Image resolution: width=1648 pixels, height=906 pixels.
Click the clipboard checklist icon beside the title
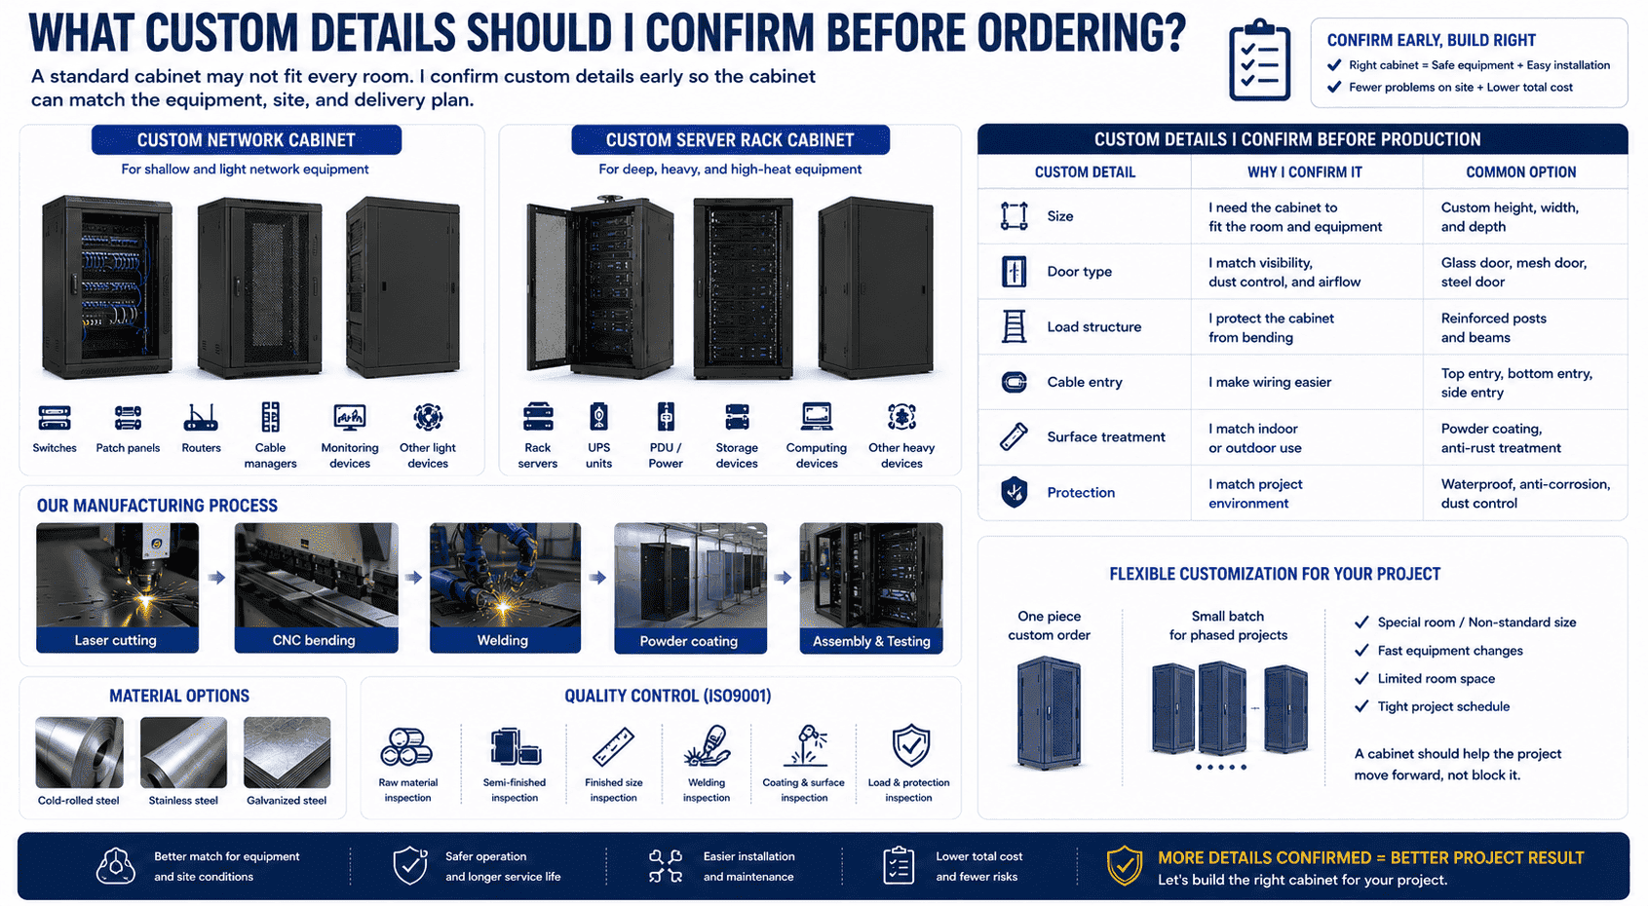click(1259, 59)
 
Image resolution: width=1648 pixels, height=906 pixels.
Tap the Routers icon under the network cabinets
click(201, 417)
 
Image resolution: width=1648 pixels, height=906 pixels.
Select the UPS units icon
click(598, 416)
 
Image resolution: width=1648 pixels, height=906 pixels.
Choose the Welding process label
click(503, 640)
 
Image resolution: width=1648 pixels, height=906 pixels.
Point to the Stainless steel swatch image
click(183, 752)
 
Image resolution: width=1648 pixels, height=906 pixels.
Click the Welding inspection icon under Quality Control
click(707, 746)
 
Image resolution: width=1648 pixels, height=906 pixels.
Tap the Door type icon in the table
click(1014, 272)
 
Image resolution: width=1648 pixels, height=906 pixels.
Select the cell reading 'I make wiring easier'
click(1270, 383)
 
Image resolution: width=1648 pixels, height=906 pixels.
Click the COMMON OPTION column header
click(1520, 172)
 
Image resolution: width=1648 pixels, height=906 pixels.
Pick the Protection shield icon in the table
click(1014, 492)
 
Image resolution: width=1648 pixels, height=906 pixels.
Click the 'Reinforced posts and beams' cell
click(1493, 328)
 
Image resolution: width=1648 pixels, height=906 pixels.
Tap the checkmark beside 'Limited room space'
click(1361, 678)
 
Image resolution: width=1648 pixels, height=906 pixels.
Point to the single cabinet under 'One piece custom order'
click(1049, 712)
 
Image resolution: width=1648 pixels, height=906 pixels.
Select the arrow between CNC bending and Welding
click(413, 578)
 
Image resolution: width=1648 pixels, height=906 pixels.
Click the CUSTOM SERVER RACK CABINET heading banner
click(730, 139)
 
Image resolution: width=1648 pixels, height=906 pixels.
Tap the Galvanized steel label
click(287, 800)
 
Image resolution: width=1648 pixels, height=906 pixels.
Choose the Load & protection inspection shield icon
click(911, 745)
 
